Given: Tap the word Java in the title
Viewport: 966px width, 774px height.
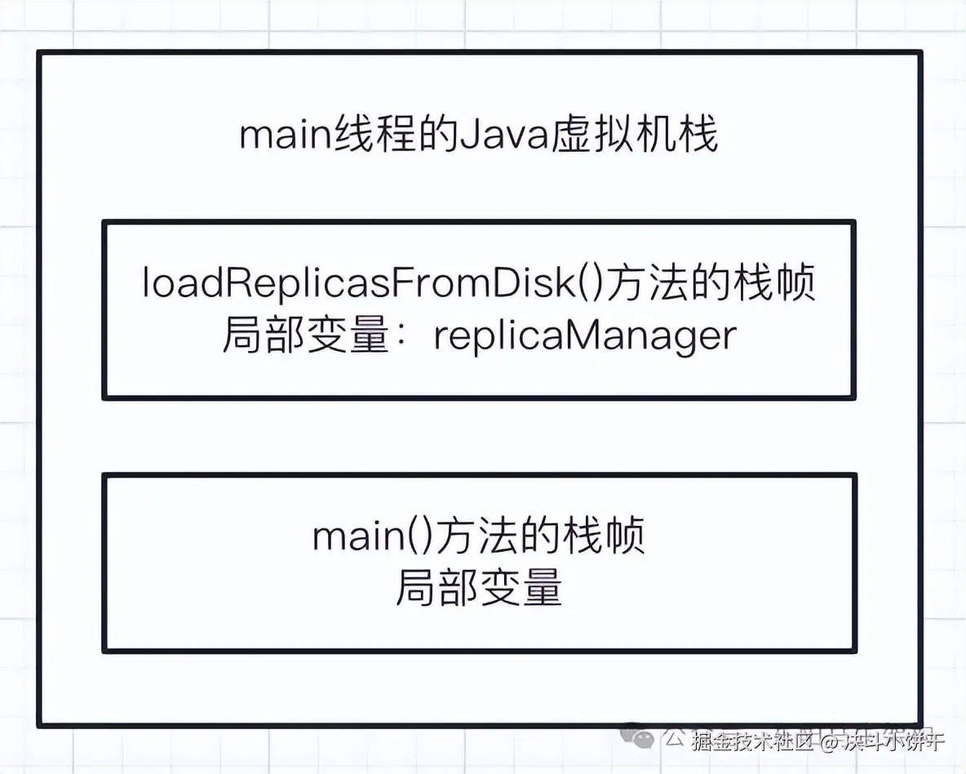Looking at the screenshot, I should point(492,136).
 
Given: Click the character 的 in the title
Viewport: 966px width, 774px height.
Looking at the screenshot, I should point(433,136).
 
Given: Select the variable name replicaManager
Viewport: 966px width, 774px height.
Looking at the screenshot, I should point(584,336).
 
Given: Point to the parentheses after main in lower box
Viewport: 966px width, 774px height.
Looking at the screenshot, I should point(413,537).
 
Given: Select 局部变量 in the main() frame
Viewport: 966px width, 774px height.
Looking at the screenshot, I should point(479,587).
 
